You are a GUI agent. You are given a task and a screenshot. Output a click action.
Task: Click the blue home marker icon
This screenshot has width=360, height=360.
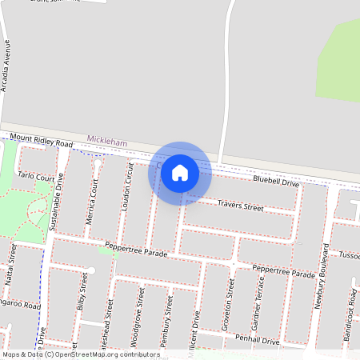[180, 172]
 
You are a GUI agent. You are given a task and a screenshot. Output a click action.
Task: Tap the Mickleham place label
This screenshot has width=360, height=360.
[107, 142]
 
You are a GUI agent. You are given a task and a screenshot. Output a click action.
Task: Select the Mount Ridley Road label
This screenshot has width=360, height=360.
[42, 141]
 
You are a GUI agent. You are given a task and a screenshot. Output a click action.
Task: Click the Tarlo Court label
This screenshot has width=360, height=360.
[36, 176]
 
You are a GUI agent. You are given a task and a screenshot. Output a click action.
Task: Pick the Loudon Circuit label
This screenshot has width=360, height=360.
[126, 189]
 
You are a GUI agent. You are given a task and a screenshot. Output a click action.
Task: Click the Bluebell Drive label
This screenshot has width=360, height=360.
[275, 182]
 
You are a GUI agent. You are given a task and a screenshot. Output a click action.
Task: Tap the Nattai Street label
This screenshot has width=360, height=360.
[12, 266]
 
